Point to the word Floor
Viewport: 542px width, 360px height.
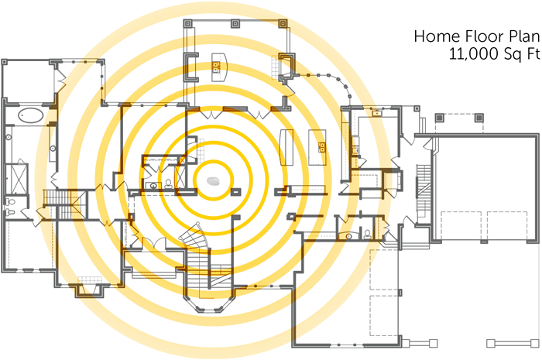pos(475,36)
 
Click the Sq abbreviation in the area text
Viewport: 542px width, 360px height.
pos(511,54)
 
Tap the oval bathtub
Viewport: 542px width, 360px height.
pos(31,117)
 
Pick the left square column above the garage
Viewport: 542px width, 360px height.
pos(440,118)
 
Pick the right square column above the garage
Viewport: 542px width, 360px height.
pos(479,118)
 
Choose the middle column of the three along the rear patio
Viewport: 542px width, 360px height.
pos(237,24)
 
